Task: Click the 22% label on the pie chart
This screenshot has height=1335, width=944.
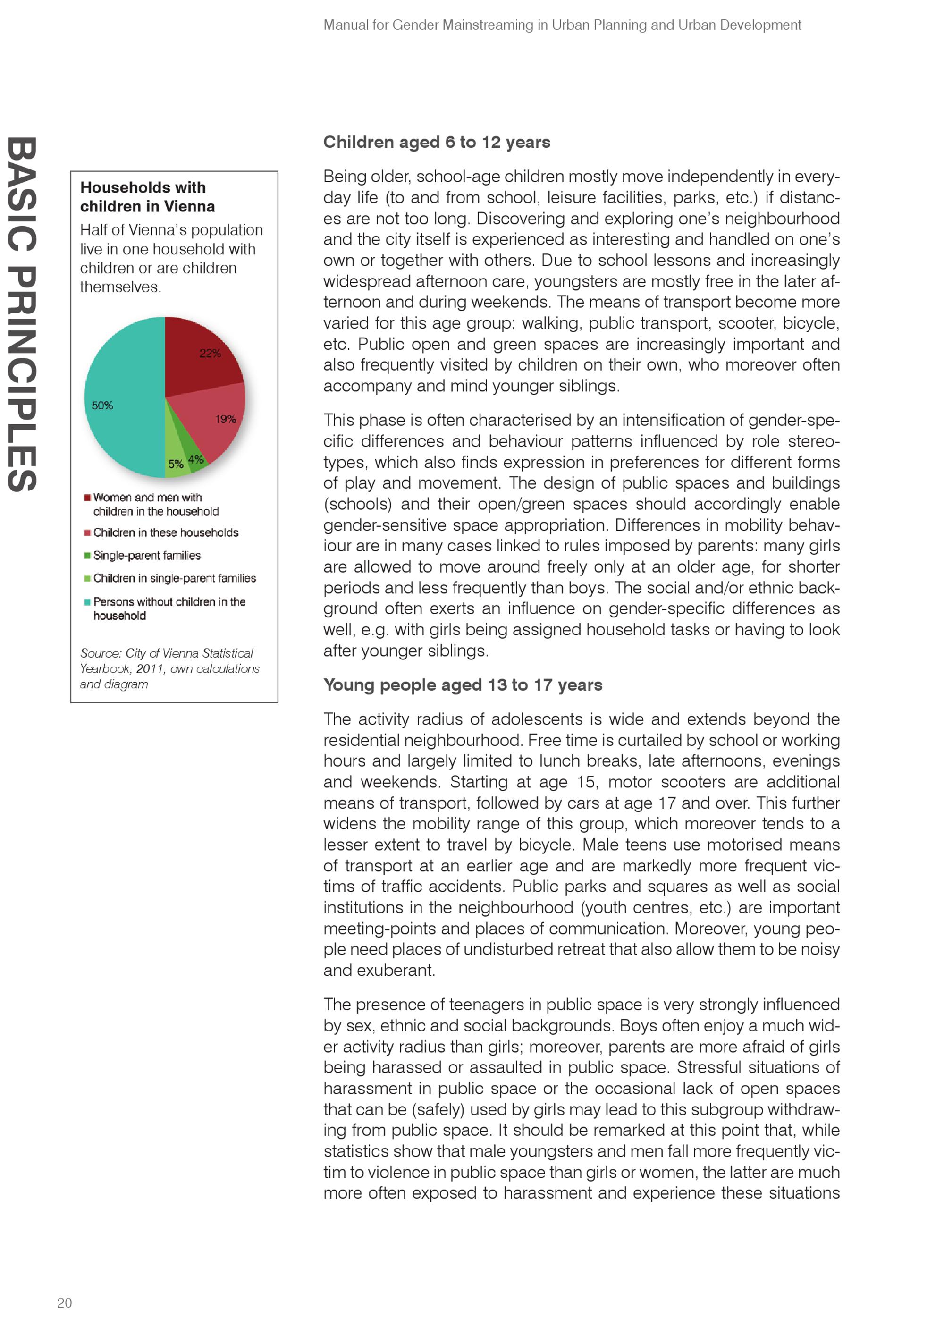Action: pos(210,354)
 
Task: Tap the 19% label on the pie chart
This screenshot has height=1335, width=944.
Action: pos(226,419)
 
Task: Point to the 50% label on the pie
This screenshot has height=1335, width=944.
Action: pos(102,405)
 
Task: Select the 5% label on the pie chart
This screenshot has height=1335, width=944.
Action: pos(176,464)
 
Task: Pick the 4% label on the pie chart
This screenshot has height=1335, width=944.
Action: pos(196,459)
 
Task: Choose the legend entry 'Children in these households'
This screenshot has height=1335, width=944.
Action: pos(166,532)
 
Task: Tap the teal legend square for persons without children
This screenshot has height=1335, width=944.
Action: pos(87,602)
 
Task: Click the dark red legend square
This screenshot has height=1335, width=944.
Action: pos(87,498)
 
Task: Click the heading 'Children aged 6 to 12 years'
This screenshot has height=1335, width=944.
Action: pos(437,143)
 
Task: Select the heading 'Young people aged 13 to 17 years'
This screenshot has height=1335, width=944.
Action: pos(463,685)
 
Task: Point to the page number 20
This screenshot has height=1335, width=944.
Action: pos(65,1302)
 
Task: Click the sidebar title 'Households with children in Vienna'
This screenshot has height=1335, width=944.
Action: pos(148,197)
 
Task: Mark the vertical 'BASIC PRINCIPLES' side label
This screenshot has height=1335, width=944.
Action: pos(23,314)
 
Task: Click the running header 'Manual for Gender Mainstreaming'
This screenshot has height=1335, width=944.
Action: pos(562,25)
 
